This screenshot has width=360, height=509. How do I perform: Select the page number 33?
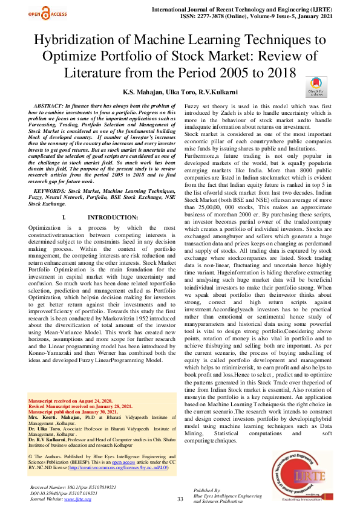click(x=180, y=499)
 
